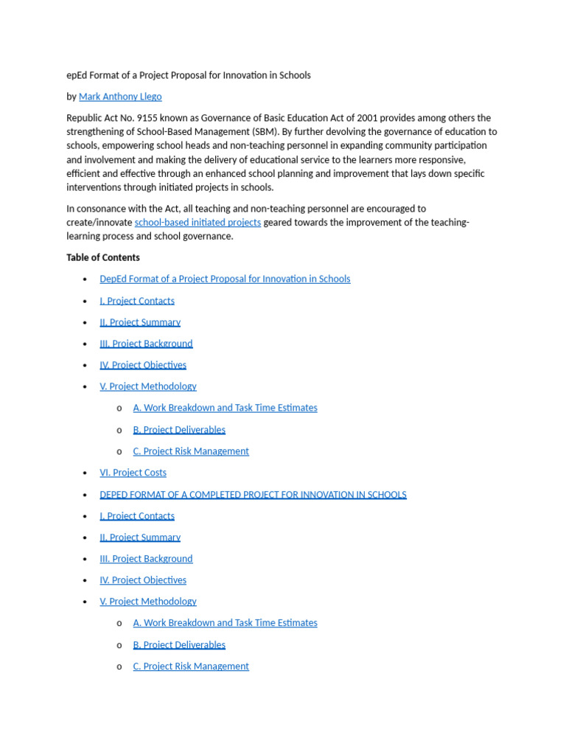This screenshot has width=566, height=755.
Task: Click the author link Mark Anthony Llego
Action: pyautogui.click(x=120, y=97)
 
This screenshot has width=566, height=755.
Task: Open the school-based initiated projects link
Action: pyautogui.click(x=198, y=223)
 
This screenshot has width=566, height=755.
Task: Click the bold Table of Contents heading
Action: pyautogui.click(x=102, y=257)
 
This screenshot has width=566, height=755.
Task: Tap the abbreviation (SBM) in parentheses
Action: pyautogui.click(x=271, y=132)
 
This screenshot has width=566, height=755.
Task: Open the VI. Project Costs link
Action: pyautogui.click(x=133, y=473)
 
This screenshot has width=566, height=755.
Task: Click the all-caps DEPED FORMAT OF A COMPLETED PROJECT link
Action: pyautogui.click(x=253, y=495)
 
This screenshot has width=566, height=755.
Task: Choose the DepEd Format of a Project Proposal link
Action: pyautogui.click(x=225, y=279)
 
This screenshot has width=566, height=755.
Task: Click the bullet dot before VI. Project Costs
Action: pyautogui.click(x=85, y=473)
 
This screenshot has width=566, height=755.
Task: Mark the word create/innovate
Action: pyautogui.click(x=99, y=223)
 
